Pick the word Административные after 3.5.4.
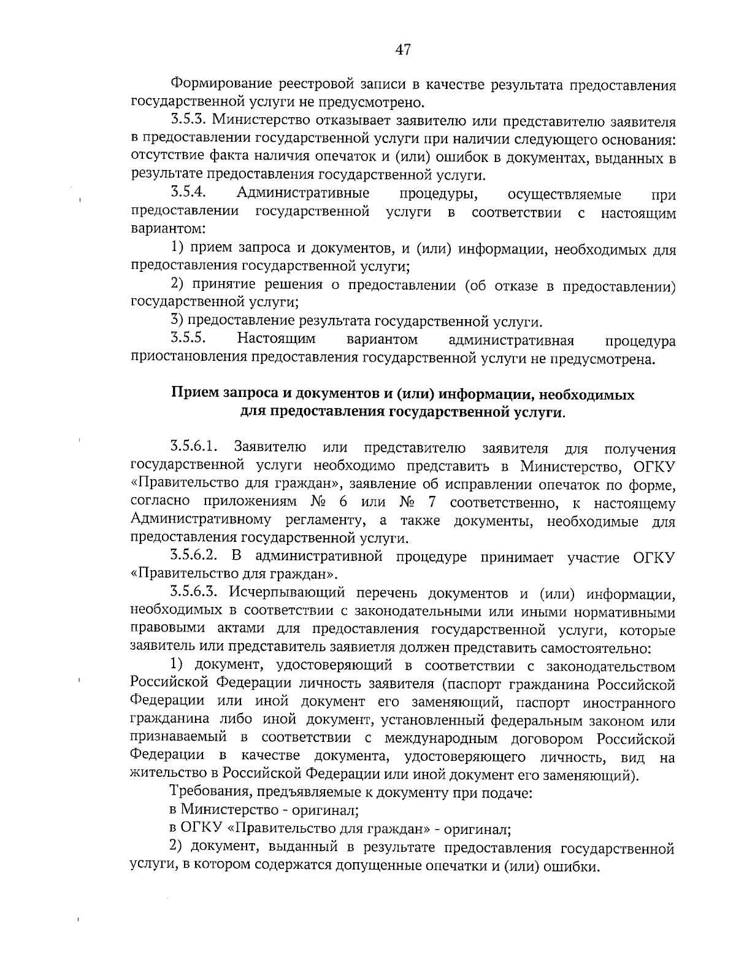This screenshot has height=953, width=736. click(x=304, y=194)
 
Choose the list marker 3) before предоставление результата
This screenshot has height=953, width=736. click(x=177, y=320)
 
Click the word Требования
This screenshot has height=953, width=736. click(x=210, y=792)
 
